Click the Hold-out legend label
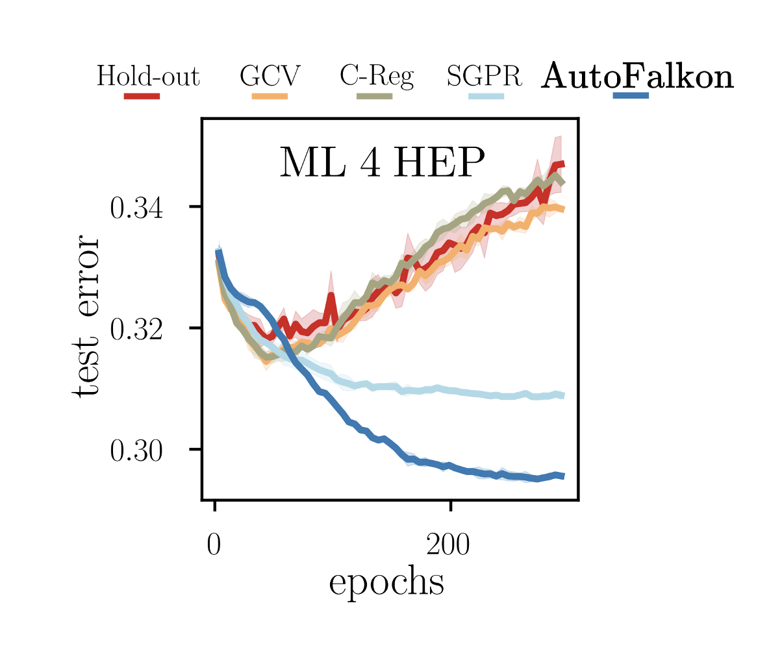point(147,77)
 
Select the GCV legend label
point(270,77)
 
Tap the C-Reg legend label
point(376,77)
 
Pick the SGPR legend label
point(484,77)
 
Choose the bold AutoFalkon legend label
point(638,77)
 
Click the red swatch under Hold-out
point(142,96)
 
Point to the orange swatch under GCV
point(270,96)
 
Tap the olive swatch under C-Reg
point(374,96)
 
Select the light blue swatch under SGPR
point(486,96)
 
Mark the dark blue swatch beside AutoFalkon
point(631,96)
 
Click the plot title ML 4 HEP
point(382,163)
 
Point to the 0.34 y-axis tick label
point(136,208)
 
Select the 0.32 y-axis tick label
point(136,330)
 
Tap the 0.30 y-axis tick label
point(136,451)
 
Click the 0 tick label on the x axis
point(214,546)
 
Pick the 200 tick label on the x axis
point(448,546)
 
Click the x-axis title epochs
point(386,583)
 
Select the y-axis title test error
point(86,317)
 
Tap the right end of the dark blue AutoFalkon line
point(562,476)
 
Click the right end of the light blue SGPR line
point(562,395)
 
